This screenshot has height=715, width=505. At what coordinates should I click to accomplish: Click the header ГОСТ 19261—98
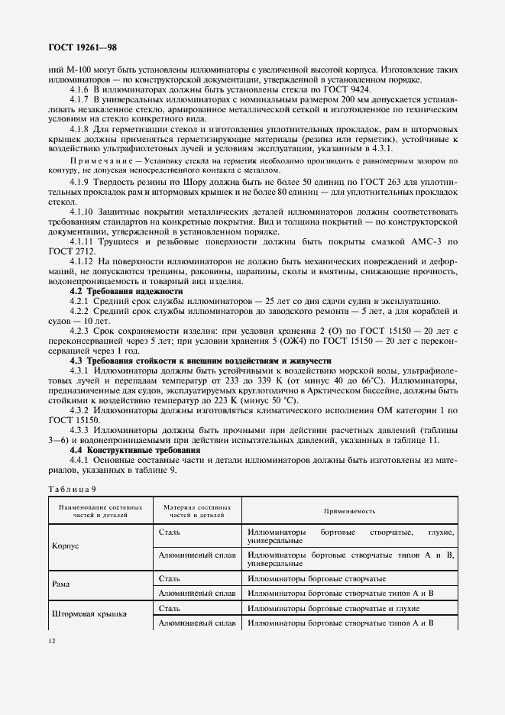point(83,48)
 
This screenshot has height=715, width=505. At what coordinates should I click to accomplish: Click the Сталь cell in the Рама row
point(170,578)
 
